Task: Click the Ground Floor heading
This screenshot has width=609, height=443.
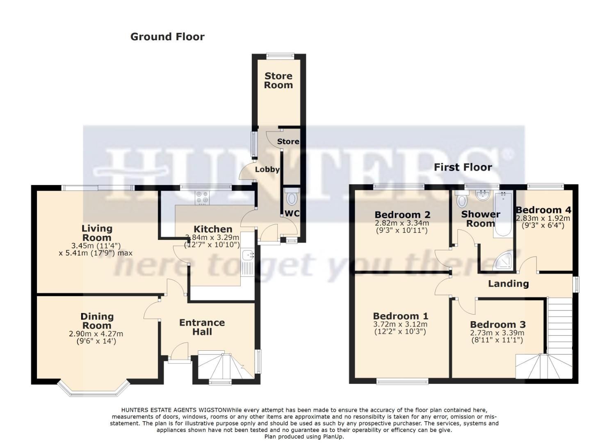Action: (167, 37)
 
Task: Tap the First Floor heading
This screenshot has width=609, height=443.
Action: (463, 167)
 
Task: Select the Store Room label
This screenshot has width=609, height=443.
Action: (278, 80)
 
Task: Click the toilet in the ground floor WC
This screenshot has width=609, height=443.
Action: (292, 199)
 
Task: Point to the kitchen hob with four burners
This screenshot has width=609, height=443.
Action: (202, 197)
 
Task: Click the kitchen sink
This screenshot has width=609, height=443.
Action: (249, 256)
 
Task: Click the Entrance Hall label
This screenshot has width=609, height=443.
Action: (202, 327)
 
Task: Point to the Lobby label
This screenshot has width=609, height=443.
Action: (267, 169)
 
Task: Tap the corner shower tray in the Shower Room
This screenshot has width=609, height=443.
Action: (503, 260)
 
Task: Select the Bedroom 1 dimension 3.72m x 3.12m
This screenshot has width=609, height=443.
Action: (400, 324)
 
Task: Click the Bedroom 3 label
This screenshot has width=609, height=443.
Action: (498, 324)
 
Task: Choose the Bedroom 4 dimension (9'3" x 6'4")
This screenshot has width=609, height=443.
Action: (543, 226)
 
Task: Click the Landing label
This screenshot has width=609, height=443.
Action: (508, 283)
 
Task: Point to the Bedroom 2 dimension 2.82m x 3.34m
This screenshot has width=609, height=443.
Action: (402, 223)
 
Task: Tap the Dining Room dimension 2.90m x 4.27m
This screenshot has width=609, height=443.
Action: (96, 334)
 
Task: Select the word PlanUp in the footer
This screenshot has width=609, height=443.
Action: (328, 437)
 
